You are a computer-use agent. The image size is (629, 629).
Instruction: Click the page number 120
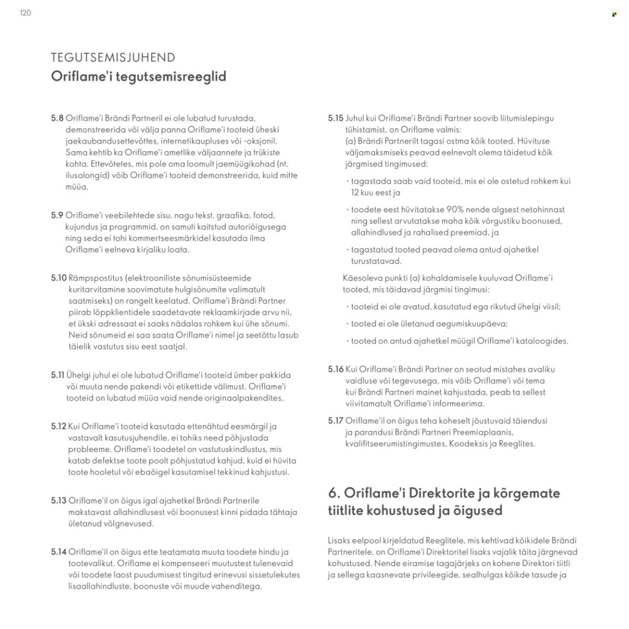pyautogui.click(x=25, y=13)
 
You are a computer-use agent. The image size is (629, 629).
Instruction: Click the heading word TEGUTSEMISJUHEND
pyautogui.click(x=113, y=58)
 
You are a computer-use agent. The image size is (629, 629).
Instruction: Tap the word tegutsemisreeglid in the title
pyautogui.click(x=171, y=77)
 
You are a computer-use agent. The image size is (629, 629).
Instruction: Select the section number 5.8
pyautogui.click(x=57, y=118)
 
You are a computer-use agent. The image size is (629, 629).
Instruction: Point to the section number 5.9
pyautogui.click(x=57, y=215)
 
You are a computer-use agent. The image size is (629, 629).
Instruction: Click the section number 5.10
pyautogui.click(x=59, y=278)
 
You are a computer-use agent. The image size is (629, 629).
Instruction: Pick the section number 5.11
pyautogui.click(x=58, y=375)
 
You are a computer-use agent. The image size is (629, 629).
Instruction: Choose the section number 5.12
pyautogui.click(x=59, y=427)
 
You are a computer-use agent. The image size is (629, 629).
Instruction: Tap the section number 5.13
pyautogui.click(x=59, y=501)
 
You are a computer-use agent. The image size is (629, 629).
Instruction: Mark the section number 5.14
pyautogui.click(x=59, y=552)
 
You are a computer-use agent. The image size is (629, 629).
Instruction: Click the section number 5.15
pyautogui.click(x=335, y=118)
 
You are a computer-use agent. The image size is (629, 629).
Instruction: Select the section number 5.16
pyautogui.click(x=335, y=370)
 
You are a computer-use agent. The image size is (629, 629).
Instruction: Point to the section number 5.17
pyautogui.click(x=335, y=421)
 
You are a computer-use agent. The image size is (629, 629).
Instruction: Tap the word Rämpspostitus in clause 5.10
pyautogui.click(x=95, y=278)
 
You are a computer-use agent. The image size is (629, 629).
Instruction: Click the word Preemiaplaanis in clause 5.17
pyautogui.click(x=484, y=432)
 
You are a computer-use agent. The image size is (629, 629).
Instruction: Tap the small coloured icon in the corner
pyautogui.click(x=614, y=15)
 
